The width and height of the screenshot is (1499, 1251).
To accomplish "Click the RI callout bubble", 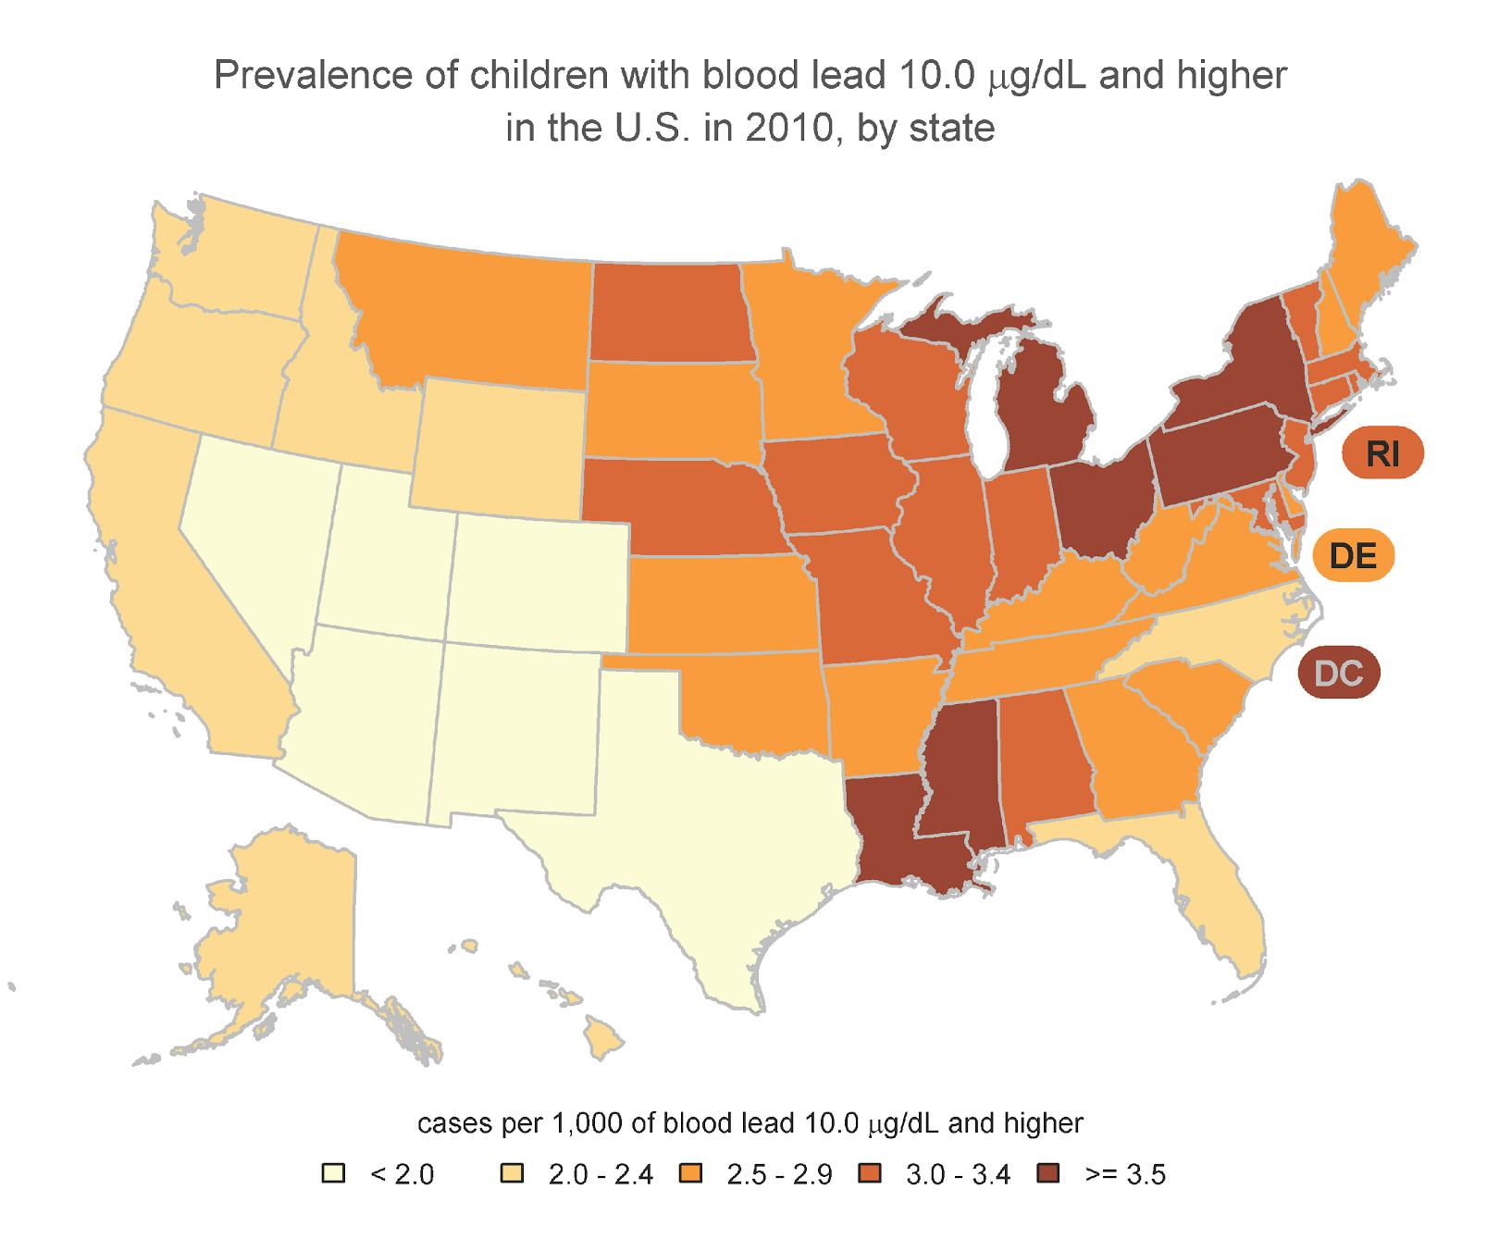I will point(1382,454).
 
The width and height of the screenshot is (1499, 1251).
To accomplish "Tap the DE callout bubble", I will point(1353,556).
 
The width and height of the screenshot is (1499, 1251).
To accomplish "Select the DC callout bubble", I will point(1338,673).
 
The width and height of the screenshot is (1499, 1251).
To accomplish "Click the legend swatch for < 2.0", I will point(333,1174).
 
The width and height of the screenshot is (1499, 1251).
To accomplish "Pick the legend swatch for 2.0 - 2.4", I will point(512,1174).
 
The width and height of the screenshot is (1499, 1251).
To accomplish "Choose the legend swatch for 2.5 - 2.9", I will point(690,1174).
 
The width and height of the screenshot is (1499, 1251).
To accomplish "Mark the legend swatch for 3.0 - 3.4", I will point(869,1174).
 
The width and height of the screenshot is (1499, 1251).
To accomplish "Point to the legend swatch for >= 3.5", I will point(1047,1174).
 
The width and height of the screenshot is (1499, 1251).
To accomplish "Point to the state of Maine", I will point(1369,259).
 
